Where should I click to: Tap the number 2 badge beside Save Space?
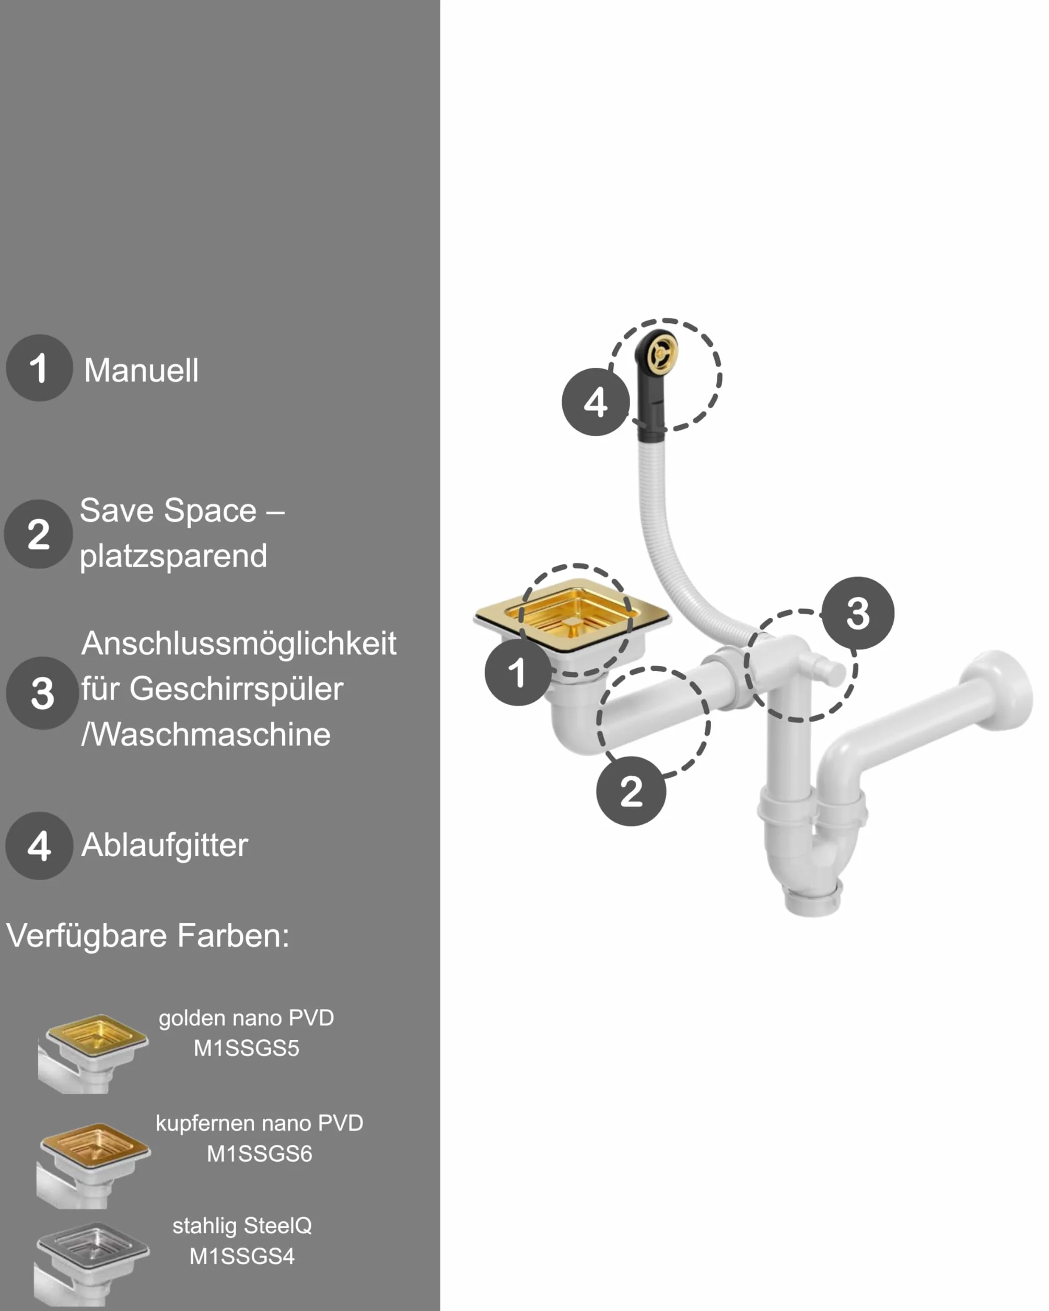[39, 534]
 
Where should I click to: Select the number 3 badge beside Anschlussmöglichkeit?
[42, 693]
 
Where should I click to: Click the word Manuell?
[141, 370]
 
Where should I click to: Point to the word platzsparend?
[173, 556]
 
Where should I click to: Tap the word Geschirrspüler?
[237, 689]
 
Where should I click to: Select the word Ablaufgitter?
[165, 846]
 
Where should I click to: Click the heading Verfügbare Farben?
[148, 935]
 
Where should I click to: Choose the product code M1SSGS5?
[246, 1048]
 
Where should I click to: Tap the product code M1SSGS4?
[242, 1256]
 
